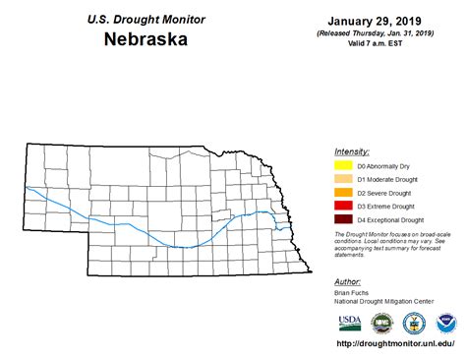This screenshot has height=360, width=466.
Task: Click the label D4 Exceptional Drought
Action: click(x=390, y=220)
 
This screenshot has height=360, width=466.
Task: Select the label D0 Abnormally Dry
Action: click(x=383, y=165)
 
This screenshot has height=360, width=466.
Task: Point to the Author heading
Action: click(x=348, y=281)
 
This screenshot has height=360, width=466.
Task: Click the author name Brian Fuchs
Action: click(x=354, y=293)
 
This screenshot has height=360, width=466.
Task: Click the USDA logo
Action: click(x=349, y=322)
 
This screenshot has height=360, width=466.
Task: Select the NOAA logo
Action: click(x=445, y=322)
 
